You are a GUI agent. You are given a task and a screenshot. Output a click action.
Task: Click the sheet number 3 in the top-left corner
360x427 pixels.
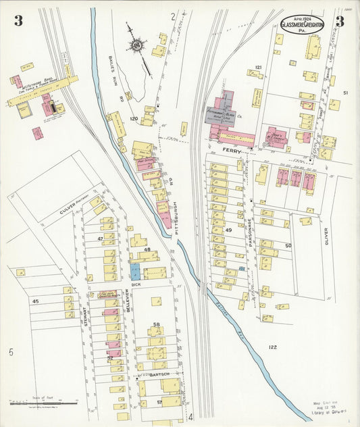pos(18,21)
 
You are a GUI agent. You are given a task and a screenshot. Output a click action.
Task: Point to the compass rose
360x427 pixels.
pos(138,46)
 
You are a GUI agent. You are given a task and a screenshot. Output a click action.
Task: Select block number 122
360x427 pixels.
pos(272,347)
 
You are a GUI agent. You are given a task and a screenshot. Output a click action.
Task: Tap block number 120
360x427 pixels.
pos(134,119)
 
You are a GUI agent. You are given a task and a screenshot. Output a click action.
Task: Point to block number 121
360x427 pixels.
pos(258,68)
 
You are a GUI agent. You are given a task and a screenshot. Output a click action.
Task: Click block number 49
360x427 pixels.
pos(229,230)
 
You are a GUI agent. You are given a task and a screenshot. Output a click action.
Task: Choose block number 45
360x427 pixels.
pos(36,301)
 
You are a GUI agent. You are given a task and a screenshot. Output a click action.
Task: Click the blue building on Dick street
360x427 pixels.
pos(135,272)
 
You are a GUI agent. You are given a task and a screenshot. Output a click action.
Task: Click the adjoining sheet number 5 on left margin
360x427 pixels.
pos(11,352)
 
